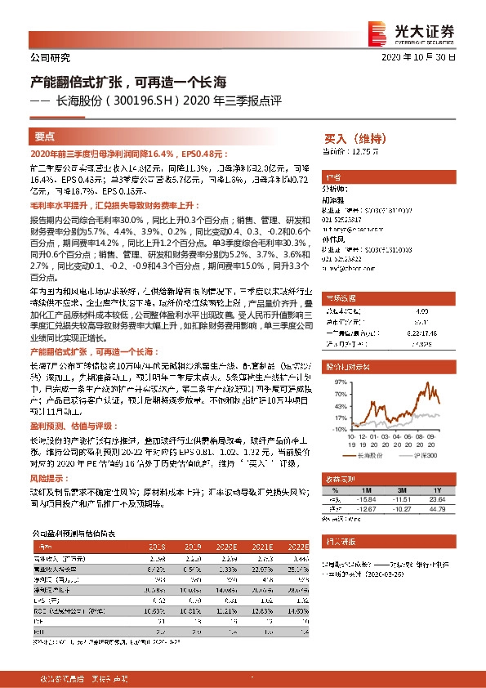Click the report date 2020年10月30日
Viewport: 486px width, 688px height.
coord(424,58)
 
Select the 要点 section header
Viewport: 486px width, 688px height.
coord(45,137)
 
